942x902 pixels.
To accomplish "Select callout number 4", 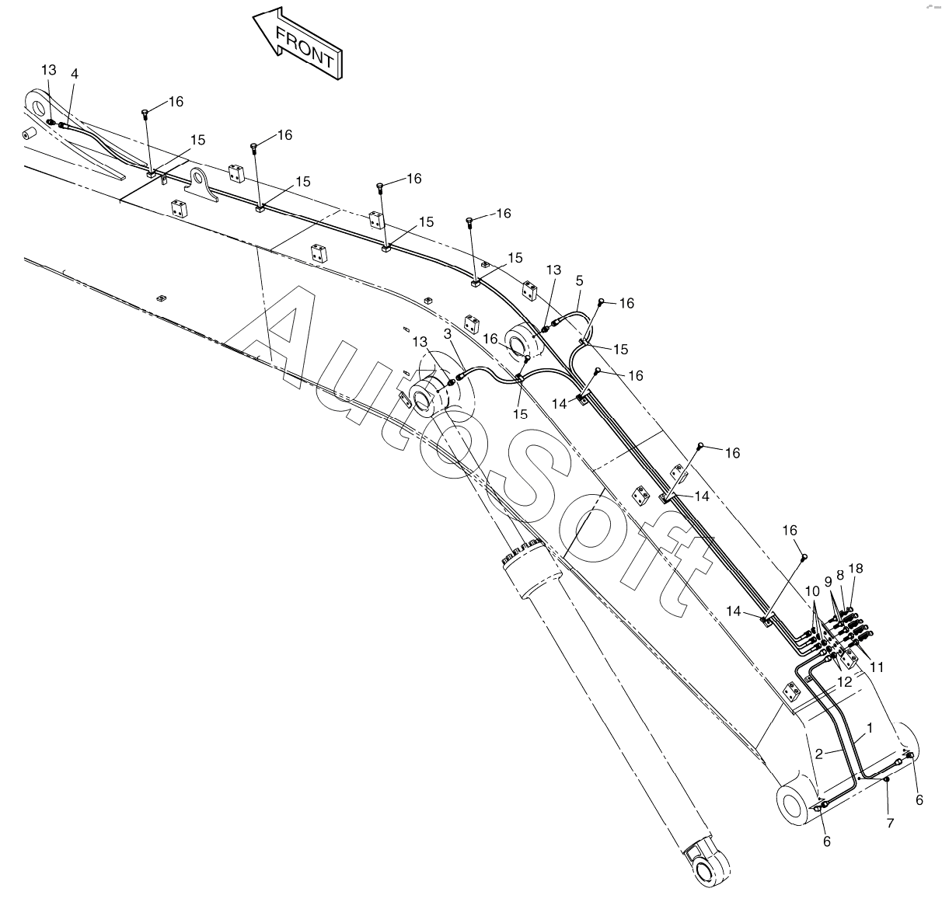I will (75, 74).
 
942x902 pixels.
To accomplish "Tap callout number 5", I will (579, 280).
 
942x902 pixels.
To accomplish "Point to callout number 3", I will (448, 334).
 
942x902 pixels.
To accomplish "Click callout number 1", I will (869, 729).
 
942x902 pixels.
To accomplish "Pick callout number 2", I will (819, 754).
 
